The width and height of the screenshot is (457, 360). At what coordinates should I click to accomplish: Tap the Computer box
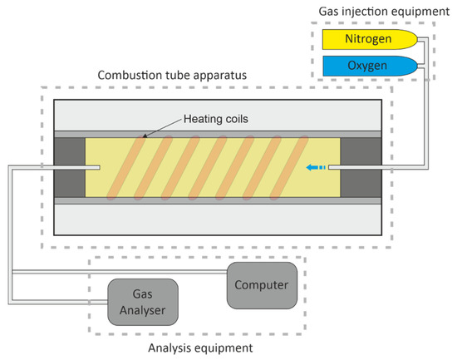pos(261,285)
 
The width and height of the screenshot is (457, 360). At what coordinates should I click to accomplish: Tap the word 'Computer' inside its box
pos(261,285)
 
